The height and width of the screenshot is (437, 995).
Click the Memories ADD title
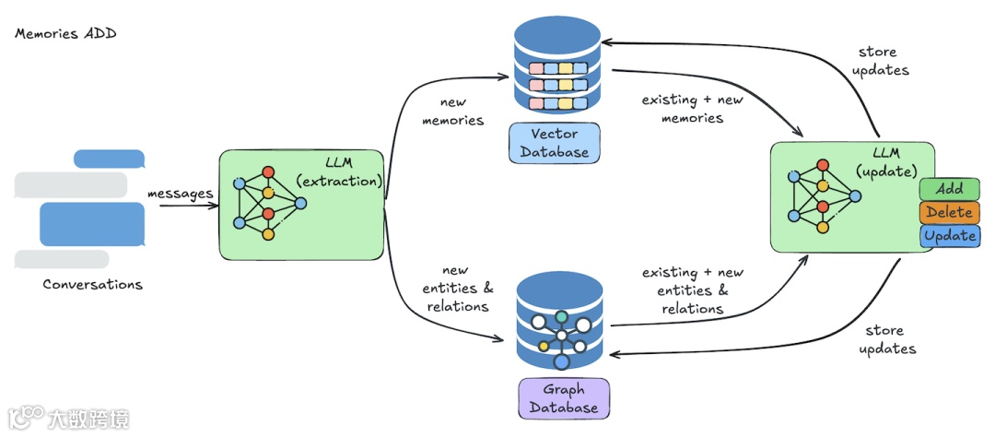click(65, 34)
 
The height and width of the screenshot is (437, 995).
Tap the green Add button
click(949, 189)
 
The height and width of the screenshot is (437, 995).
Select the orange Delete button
click(949, 212)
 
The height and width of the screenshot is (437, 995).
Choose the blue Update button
click(949, 236)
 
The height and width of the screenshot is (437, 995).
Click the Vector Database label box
click(555, 143)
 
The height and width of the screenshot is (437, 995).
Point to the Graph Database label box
click(564, 398)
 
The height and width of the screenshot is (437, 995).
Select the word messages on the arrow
click(181, 193)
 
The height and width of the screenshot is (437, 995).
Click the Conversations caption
click(93, 284)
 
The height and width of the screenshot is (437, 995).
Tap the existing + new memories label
click(692, 109)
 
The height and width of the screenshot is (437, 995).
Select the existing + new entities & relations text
click(692, 290)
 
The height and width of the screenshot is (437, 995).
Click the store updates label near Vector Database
click(880, 61)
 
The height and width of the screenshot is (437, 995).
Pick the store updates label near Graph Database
click(886, 339)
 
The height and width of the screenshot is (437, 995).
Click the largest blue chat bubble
click(92, 224)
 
